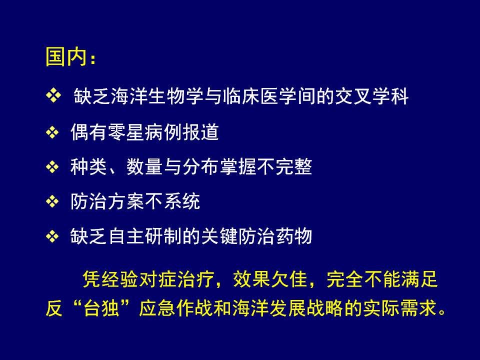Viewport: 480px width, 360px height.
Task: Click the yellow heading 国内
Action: tap(66, 56)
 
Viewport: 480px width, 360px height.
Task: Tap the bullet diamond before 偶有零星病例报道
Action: tap(52, 132)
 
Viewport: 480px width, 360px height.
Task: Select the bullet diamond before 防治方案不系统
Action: tap(52, 201)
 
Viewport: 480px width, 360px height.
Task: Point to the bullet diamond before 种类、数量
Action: tap(52, 167)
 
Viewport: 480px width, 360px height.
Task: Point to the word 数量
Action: tap(144, 167)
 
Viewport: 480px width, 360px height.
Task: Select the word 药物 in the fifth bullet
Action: tap(294, 236)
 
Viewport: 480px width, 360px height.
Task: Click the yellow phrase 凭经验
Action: tap(110, 279)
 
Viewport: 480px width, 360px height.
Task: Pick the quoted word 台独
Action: tap(100, 308)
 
